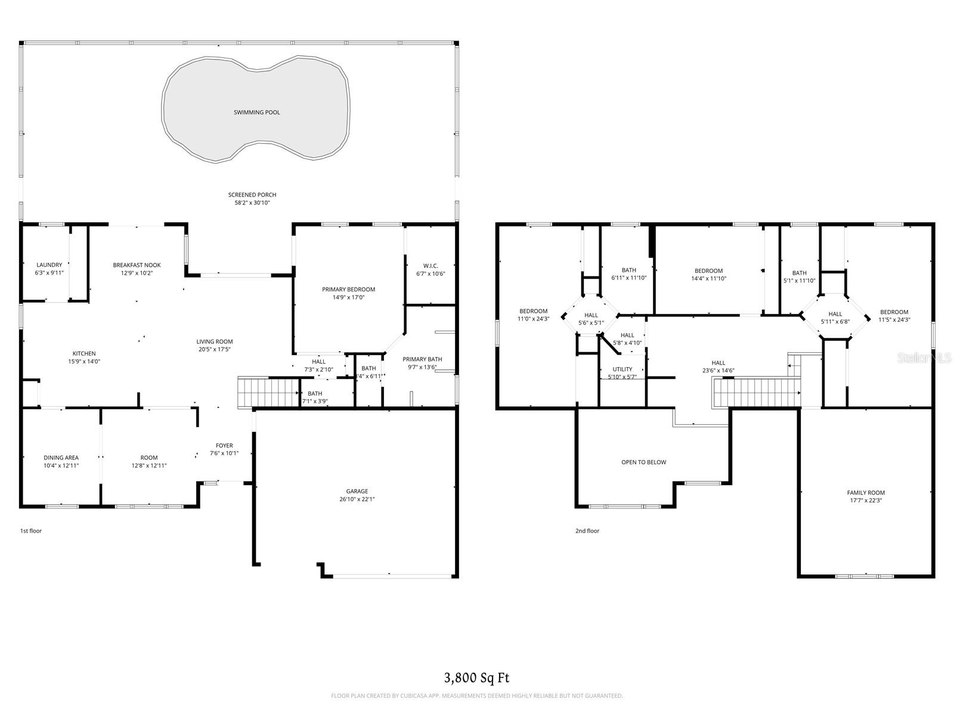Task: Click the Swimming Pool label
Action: pyautogui.click(x=256, y=112)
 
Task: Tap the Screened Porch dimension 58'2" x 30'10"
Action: pyautogui.click(x=252, y=203)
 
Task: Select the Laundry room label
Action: pyautogui.click(x=49, y=265)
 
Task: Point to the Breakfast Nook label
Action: pyautogui.click(x=137, y=265)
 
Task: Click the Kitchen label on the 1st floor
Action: pyautogui.click(x=84, y=353)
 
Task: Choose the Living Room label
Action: pyautogui.click(x=215, y=341)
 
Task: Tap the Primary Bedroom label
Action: pyautogui.click(x=348, y=290)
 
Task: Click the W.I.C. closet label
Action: pyautogui.click(x=430, y=266)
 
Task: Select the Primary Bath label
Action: pyautogui.click(x=422, y=359)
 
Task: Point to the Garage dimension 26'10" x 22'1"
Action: pyautogui.click(x=357, y=499)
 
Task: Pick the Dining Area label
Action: pyautogui.click(x=61, y=458)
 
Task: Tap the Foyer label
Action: pyautogui.click(x=224, y=446)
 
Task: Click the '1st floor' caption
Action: pyautogui.click(x=31, y=530)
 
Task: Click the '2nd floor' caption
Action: pyautogui.click(x=587, y=530)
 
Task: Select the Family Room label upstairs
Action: pyautogui.click(x=866, y=493)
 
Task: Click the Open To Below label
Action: pyautogui.click(x=643, y=462)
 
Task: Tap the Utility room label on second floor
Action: pyautogui.click(x=622, y=369)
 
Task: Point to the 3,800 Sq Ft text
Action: pyautogui.click(x=476, y=677)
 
